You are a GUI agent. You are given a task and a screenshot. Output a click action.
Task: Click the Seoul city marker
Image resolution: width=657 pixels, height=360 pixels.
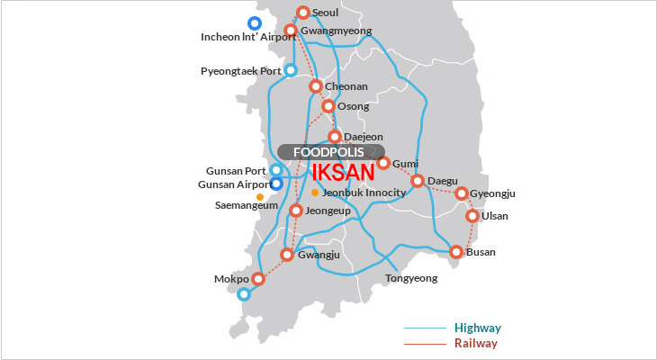click(303, 13)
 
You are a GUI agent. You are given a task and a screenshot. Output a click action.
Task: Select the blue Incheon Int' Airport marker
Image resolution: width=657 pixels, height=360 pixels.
click(255, 23)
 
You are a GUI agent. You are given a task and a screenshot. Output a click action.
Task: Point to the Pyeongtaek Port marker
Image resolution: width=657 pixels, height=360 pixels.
click(291, 70)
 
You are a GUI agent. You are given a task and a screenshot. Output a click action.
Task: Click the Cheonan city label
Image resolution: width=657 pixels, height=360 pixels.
click(346, 86)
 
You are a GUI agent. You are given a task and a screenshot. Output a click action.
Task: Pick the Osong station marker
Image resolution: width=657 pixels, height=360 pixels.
click(328, 106)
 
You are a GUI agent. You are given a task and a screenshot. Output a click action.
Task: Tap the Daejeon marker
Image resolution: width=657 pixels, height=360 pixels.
click(335, 137)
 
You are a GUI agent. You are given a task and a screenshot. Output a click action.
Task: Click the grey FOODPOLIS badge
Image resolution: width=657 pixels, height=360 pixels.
click(331, 152)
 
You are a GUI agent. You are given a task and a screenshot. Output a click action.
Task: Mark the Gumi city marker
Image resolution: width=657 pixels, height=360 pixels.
click(383, 163)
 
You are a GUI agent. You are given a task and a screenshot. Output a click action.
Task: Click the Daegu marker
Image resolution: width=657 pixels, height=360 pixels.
click(418, 181)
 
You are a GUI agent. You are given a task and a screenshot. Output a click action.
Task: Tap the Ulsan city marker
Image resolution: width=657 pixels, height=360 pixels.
click(472, 216)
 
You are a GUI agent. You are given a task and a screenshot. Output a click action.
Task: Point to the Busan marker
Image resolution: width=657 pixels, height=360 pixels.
click(456, 252)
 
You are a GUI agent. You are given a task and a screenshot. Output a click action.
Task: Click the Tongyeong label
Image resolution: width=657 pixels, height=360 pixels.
click(410, 278)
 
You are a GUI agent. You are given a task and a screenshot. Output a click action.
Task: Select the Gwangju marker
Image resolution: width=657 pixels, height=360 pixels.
click(287, 255)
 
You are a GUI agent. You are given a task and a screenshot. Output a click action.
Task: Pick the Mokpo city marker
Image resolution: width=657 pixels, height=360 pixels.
click(258, 279)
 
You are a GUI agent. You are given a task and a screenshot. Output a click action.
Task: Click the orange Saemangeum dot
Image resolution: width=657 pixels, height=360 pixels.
click(260, 196)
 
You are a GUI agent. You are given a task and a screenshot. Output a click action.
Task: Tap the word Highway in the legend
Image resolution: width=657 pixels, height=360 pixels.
click(477, 328)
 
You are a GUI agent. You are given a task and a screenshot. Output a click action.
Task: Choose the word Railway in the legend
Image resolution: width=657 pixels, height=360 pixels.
click(476, 344)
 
